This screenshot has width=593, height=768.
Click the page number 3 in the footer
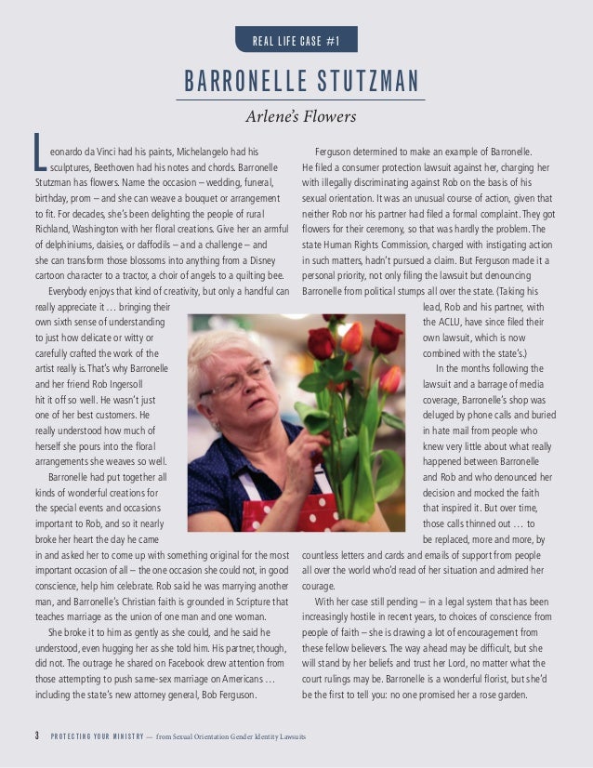[x=34, y=737]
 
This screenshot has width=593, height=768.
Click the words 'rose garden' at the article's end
[x=503, y=695]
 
